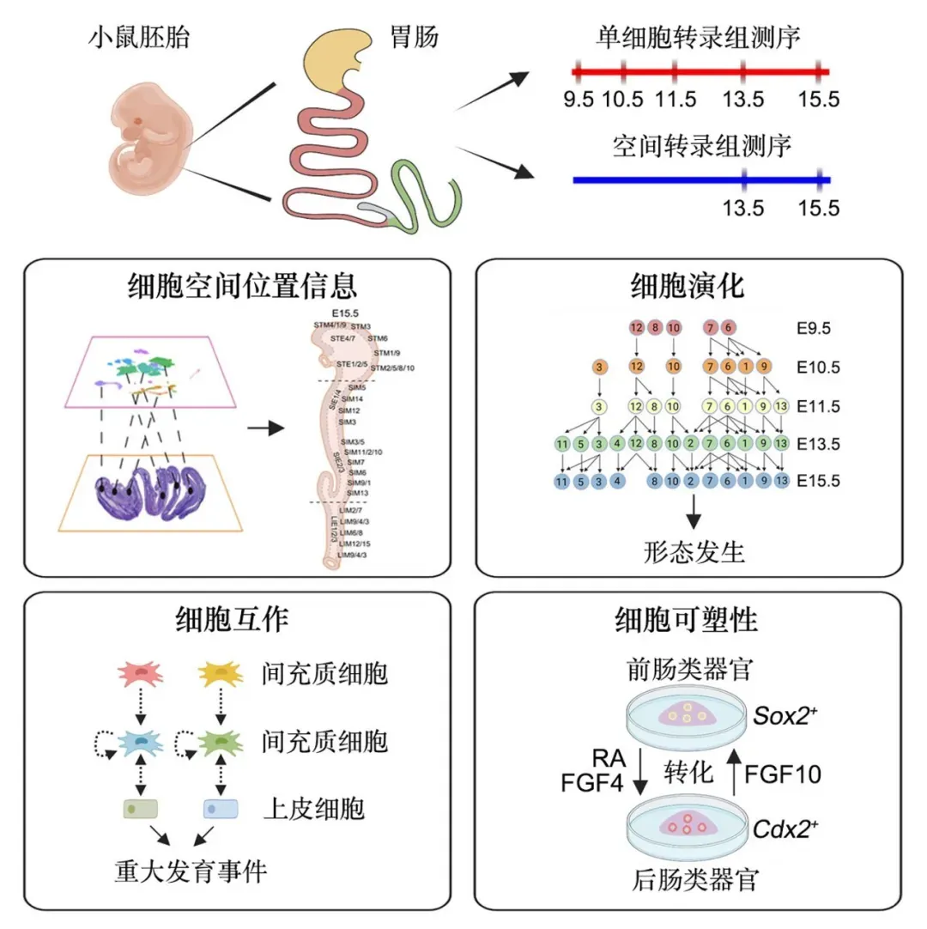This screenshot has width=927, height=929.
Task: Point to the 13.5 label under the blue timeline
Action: coord(743,209)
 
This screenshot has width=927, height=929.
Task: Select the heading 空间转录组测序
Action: coord(701,146)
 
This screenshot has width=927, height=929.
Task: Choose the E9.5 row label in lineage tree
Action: coord(813,327)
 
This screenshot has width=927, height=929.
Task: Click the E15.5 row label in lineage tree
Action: coord(816,481)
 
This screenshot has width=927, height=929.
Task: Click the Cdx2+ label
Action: coord(785,829)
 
